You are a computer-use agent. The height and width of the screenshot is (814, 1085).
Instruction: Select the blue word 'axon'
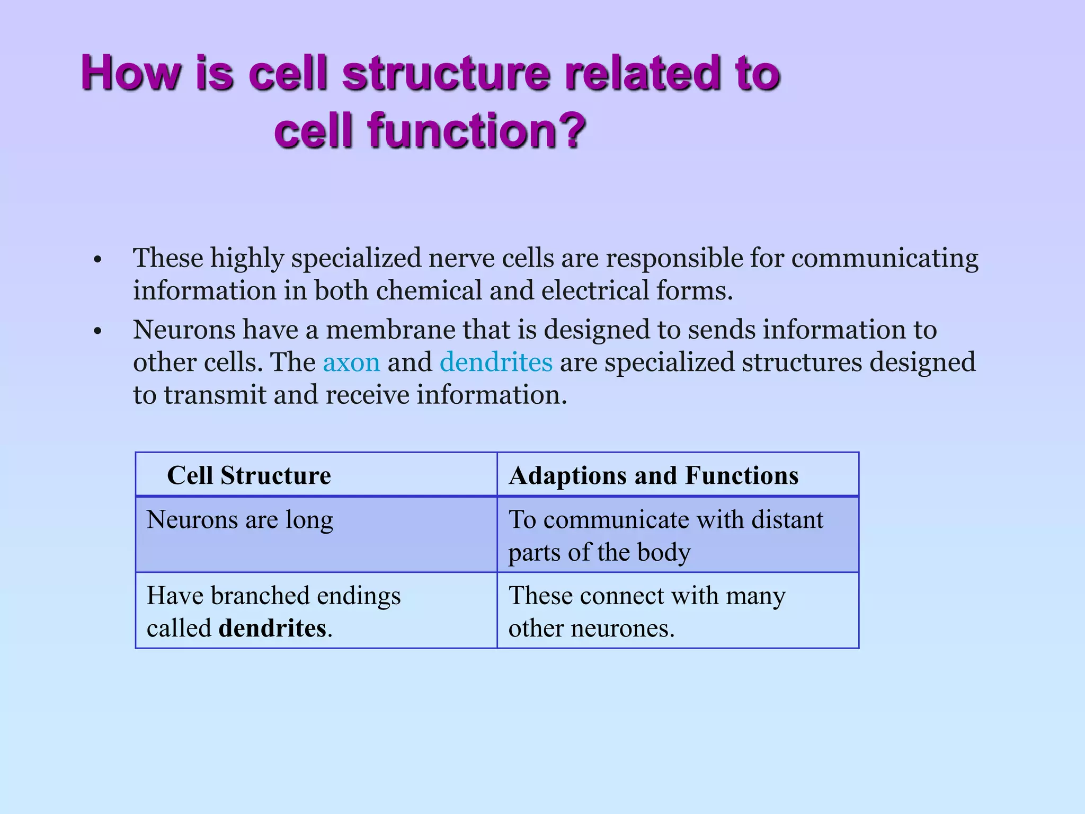(x=351, y=362)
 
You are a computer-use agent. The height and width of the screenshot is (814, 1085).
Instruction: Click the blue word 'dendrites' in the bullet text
(x=496, y=362)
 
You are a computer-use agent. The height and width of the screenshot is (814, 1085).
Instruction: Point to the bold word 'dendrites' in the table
(x=272, y=629)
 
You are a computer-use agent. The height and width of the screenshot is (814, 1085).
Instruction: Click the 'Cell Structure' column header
(x=249, y=475)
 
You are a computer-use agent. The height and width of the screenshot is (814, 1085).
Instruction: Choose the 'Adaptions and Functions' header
(x=653, y=475)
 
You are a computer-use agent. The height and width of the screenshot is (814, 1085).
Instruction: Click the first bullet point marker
(x=96, y=261)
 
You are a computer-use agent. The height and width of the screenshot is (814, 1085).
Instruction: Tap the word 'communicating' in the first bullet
(x=884, y=259)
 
